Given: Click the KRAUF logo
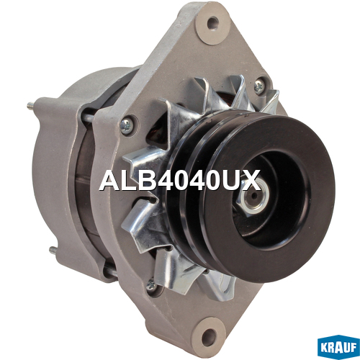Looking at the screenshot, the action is [338, 348].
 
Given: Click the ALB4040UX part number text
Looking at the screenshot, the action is [180, 181].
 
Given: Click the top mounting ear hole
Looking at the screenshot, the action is [213, 23].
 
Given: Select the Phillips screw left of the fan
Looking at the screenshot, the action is [126, 126].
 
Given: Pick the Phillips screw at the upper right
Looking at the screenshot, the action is [259, 86].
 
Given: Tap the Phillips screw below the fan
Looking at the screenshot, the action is [152, 285].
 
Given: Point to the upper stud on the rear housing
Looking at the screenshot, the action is [32, 105].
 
